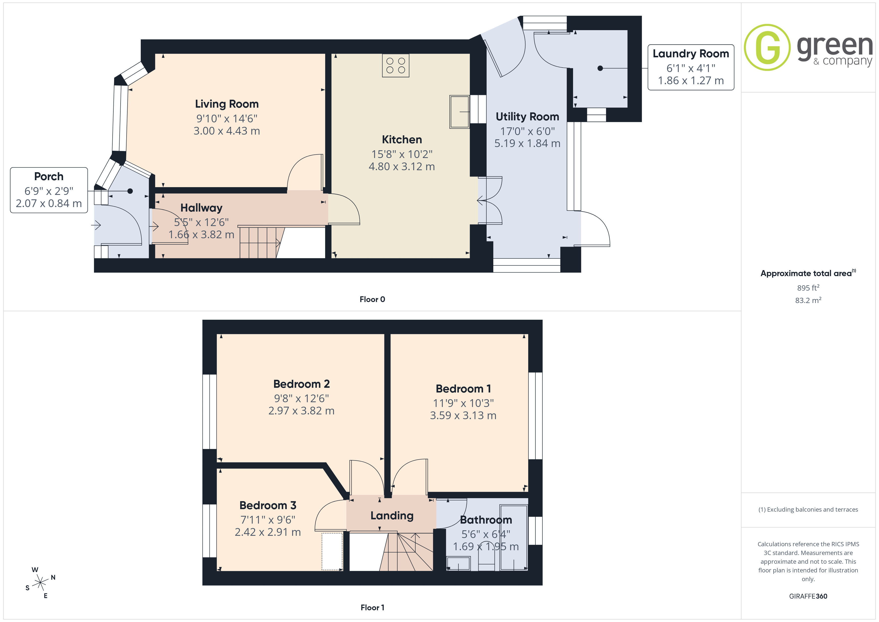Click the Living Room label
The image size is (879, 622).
pyautogui.click(x=227, y=104)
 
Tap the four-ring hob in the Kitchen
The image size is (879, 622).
pyautogui.click(x=395, y=66)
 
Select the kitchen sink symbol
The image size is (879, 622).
pyautogui.click(x=459, y=111)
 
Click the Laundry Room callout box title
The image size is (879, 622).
pyautogui.click(x=691, y=54)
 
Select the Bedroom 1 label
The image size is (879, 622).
pyautogui.click(x=463, y=389)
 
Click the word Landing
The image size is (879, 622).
pyautogui.click(x=392, y=516)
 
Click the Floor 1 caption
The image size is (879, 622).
pyautogui.click(x=372, y=608)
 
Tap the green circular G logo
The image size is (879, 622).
pyautogui.click(x=767, y=48)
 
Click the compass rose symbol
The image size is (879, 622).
pyautogui.click(x=40, y=583)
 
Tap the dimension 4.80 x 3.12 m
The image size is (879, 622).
pyautogui.click(x=402, y=167)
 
